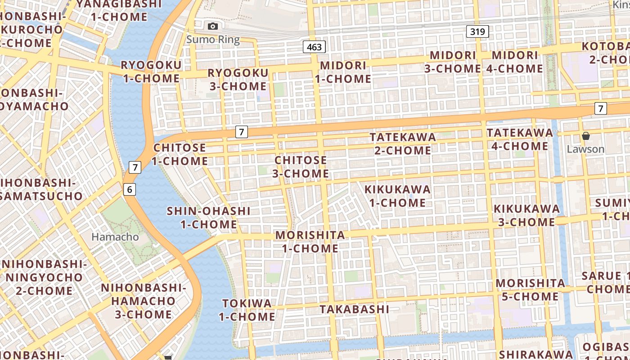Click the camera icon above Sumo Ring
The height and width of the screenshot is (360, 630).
pyautogui.click(x=213, y=27)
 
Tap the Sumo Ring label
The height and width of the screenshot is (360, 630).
pyautogui.click(x=213, y=39)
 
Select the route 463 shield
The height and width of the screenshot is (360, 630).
pyautogui.click(x=314, y=47)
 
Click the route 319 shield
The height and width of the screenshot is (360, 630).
pyautogui.click(x=477, y=31)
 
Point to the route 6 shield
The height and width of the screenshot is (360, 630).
pyautogui.click(x=130, y=189)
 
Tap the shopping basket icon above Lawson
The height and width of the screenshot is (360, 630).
pyautogui.click(x=585, y=135)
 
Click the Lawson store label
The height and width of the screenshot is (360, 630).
pyautogui.click(x=585, y=149)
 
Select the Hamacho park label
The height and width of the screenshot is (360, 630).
pyautogui.click(x=115, y=237)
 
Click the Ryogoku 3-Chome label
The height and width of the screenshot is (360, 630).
pyautogui.click(x=238, y=79)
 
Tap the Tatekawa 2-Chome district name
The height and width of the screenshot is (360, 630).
pyautogui.click(x=403, y=144)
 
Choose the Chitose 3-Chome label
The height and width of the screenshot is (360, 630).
pyautogui.click(x=301, y=166)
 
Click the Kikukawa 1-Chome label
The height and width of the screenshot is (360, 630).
pyautogui.click(x=397, y=196)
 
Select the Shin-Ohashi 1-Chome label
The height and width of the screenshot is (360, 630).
pyautogui.click(x=209, y=217)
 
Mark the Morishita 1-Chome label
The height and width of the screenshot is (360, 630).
pyautogui.click(x=310, y=242)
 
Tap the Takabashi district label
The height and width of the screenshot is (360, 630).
pyautogui.click(x=354, y=309)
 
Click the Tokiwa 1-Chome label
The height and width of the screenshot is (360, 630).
pyautogui.click(x=247, y=310)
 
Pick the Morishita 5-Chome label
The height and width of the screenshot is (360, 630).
pyautogui.click(x=531, y=290)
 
